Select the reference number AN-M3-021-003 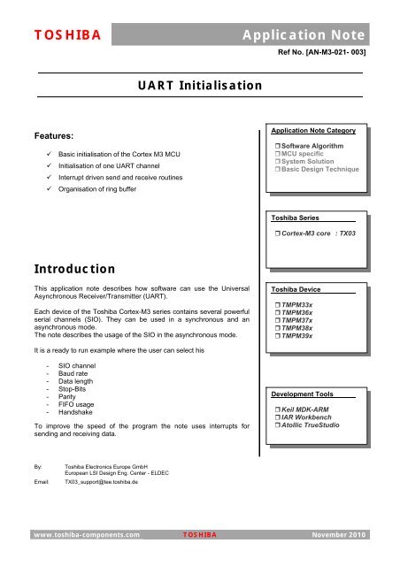pyautogui.click(x=316, y=53)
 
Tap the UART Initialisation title pyautogui.click(x=194, y=85)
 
